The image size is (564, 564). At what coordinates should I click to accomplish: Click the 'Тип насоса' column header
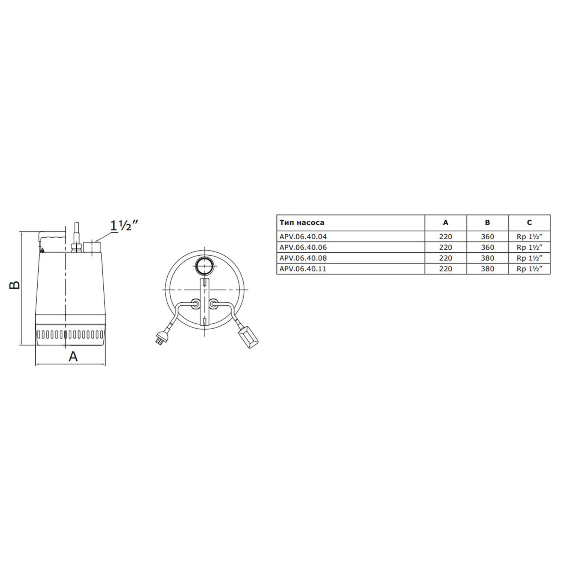tap(302, 223)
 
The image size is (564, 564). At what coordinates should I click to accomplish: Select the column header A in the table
tap(446, 223)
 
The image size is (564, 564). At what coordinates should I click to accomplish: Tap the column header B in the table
tap(487, 223)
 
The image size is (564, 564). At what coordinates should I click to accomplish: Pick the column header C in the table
tap(529, 223)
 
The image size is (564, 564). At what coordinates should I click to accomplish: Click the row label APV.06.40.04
tap(303, 237)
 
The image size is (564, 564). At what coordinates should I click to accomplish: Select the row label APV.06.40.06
tap(303, 247)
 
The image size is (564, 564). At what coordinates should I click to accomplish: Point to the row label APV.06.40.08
tap(303, 258)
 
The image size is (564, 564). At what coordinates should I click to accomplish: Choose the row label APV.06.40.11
tap(303, 269)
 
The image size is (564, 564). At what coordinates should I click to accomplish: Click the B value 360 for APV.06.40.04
tap(487, 237)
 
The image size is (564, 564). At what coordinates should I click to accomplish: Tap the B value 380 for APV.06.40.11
tap(487, 269)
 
